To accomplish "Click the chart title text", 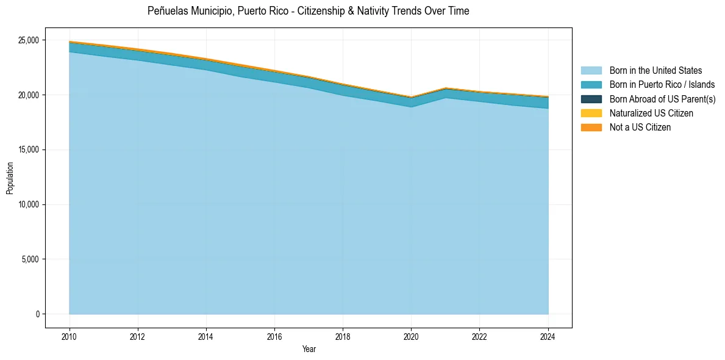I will click(308, 11).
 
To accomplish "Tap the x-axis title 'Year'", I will click(309, 349).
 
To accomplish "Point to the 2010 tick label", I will click(69, 336).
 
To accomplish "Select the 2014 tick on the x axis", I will click(206, 336).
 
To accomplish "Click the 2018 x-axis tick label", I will click(343, 336).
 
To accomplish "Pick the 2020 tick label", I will click(411, 336).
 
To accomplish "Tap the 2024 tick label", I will click(548, 336).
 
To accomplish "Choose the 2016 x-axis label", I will click(274, 336).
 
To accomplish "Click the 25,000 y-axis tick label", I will click(28, 40).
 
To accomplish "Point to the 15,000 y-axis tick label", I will click(28, 150).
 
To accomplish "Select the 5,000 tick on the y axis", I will click(30, 259).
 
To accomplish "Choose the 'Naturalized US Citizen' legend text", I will click(651, 113).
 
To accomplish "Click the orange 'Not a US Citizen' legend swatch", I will click(591, 127).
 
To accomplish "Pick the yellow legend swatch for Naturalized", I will click(591, 113).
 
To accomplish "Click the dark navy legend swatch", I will click(591, 99).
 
